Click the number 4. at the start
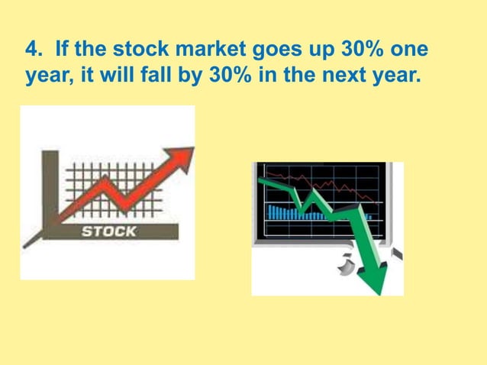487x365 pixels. coord(34,53)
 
